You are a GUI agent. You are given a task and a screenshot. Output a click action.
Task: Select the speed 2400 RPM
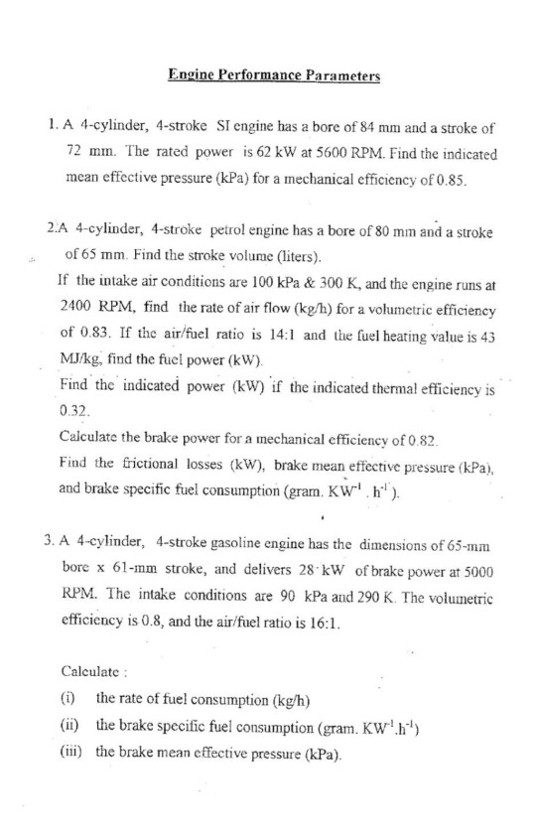pyautogui.click(x=91, y=311)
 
